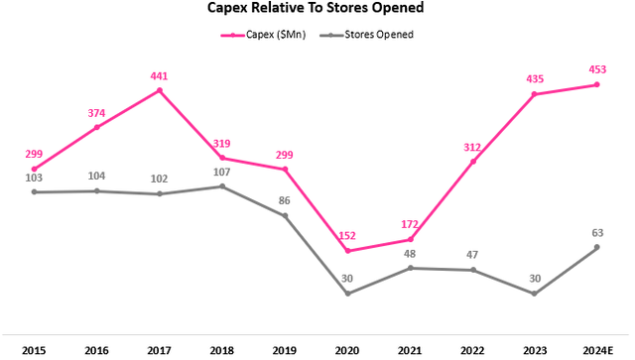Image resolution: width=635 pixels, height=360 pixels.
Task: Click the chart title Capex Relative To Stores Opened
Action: click(316, 11)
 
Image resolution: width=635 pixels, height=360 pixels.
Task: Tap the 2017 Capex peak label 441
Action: click(160, 76)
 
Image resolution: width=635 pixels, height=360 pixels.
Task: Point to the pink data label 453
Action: click(597, 70)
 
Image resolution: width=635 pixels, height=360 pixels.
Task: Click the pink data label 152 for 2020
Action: click(347, 236)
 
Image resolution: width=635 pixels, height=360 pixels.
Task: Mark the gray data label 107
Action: click(221, 172)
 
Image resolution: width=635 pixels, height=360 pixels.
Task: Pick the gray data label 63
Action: click(597, 233)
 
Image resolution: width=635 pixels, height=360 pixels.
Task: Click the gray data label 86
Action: click(285, 201)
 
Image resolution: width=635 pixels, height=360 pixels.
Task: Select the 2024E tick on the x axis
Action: click(596, 349)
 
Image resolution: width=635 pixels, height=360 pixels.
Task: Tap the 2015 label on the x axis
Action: click(34, 349)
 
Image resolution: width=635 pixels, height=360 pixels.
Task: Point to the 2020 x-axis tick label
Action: click(347, 349)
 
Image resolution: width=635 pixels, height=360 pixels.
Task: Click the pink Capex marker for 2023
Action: click(535, 94)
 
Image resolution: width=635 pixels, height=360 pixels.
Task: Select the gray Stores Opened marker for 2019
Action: click(285, 215)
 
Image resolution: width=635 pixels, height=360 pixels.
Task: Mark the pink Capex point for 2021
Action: click(410, 240)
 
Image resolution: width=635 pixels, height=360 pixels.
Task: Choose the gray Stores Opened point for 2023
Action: click(535, 294)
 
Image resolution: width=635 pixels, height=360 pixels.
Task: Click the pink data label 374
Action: click(96, 113)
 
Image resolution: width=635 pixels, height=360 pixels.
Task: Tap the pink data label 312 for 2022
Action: click(472, 148)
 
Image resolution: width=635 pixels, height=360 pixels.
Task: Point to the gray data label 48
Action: click(410, 254)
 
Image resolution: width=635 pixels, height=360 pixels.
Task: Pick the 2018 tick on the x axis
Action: click(221, 349)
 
